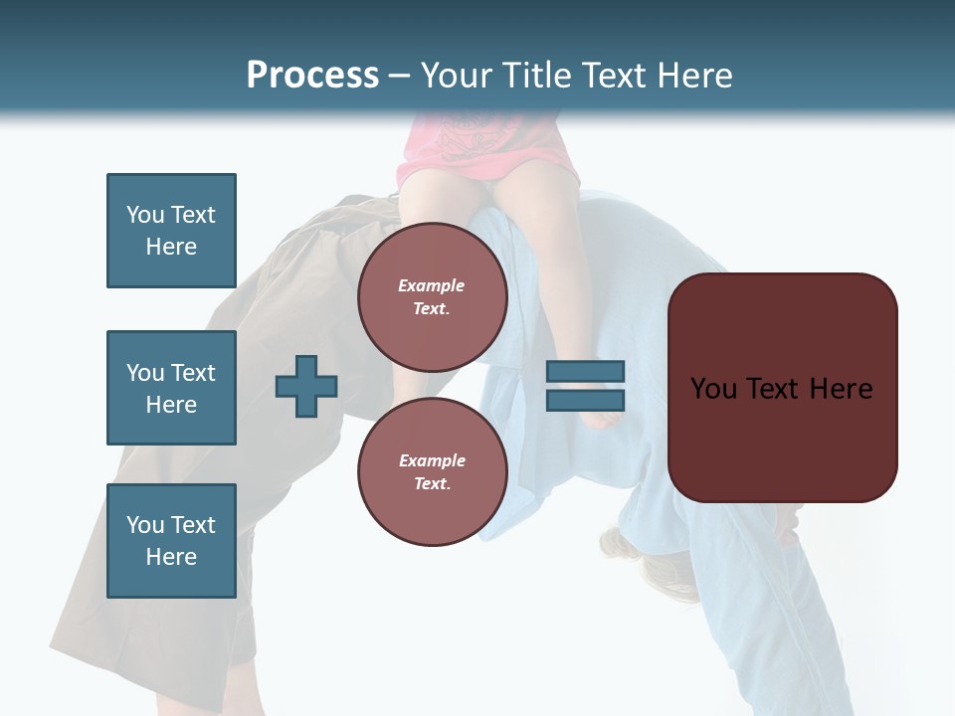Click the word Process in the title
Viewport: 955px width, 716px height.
coord(312,76)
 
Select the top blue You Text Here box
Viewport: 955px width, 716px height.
coord(171,231)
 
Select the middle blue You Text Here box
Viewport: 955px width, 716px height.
coord(171,388)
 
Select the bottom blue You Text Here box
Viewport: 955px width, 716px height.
coord(171,541)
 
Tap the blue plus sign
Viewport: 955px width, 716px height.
coord(306,386)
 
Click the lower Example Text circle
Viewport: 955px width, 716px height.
coord(432,471)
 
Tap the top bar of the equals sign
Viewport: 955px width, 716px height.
coord(585,372)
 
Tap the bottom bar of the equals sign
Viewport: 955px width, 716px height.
coord(585,400)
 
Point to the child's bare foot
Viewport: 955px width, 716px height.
coord(602,418)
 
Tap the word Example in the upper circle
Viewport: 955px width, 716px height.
coord(432,285)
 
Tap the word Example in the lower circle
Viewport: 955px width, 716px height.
coord(432,460)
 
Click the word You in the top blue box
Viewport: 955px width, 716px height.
coord(145,215)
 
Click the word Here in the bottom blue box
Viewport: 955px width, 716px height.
coord(171,557)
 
